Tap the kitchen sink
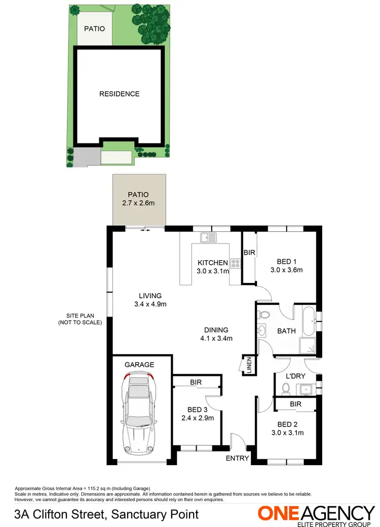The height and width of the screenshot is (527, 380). click(x=208, y=237)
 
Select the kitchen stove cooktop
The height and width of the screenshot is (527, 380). click(x=236, y=263)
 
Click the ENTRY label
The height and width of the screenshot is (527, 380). click(x=237, y=458)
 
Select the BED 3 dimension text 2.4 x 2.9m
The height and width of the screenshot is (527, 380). click(x=198, y=418)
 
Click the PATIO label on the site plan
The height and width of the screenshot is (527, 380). click(x=95, y=29)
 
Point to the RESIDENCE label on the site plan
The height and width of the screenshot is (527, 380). click(x=119, y=94)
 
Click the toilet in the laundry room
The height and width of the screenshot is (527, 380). click(x=286, y=388)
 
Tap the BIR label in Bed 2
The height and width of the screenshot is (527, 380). click(x=295, y=404)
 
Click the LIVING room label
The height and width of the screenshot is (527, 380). click(x=150, y=296)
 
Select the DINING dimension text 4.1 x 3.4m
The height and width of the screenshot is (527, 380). click(x=216, y=338)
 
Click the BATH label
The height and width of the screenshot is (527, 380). click(x=286, y=331)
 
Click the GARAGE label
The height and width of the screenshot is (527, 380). click(x=139, y=364)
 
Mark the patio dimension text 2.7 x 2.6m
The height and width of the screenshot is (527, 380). click(x=138, y=203)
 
